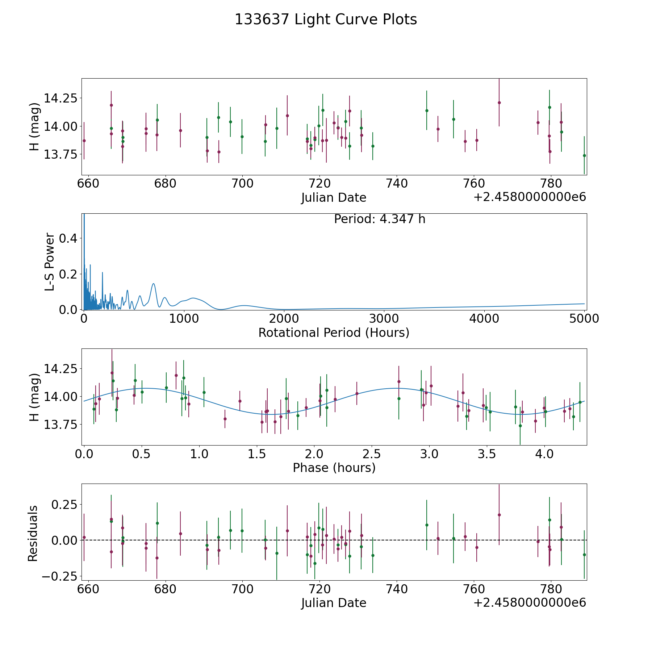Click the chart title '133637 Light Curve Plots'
[326, 20]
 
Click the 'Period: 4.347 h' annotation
[379, 219]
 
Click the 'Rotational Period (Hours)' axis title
[334, 333]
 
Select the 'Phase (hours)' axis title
[334, 468]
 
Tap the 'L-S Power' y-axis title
[50, 262]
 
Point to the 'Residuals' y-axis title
[33, 534]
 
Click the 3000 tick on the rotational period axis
[384, 319]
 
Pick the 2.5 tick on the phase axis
[372, 454]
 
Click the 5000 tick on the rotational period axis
[584, 319]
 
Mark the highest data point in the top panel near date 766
[499, 103]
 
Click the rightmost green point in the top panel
[584, 155]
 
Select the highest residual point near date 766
[499, 515]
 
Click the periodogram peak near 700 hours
[154, 284]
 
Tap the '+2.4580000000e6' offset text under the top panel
[530, 197]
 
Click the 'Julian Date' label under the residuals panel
[334, 603]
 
